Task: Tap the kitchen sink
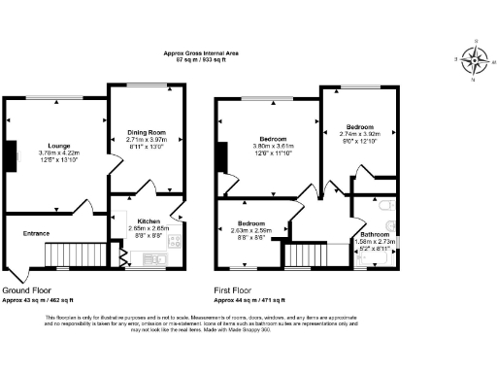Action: click(x=155, y=259)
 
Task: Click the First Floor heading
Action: click(x=239, y=290)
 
